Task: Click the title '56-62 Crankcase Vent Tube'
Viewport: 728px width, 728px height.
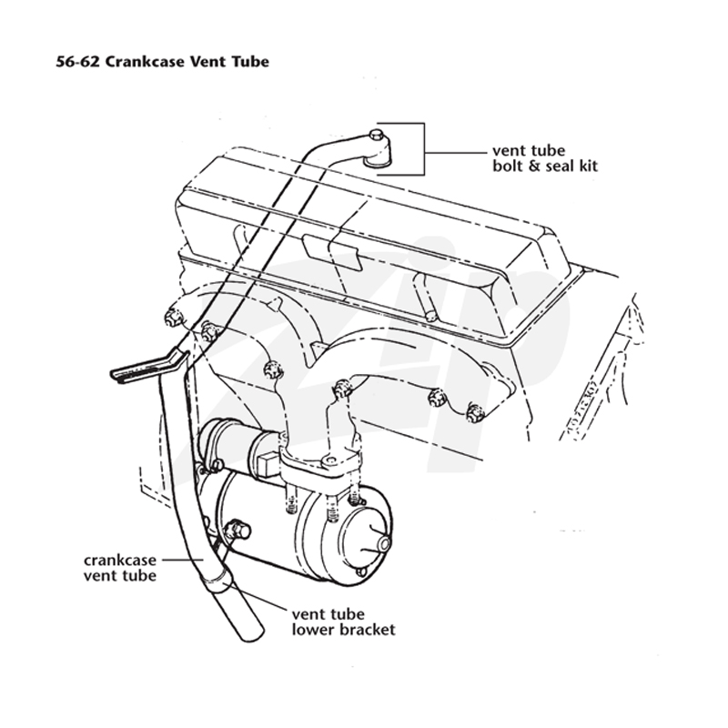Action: tap(163, 62)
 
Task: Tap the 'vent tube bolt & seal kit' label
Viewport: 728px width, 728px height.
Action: tap(545, 158)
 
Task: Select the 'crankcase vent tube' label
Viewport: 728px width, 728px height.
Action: tap(120, 568)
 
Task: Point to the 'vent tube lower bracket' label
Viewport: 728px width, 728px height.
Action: tap(344, 622)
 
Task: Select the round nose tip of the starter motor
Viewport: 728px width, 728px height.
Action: tap(385, 542)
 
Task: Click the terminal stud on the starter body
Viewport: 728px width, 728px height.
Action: tap(237, 531)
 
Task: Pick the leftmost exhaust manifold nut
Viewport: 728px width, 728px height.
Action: tap(172, 317)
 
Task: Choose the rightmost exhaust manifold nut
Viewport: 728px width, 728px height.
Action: tap(474, 412)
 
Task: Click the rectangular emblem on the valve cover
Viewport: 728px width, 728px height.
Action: tap(332, 251)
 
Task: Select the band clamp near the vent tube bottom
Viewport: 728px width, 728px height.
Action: tap(216, 581)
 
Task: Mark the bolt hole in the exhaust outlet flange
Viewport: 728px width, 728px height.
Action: tap(330, 460)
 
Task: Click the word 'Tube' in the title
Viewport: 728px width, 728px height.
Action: tap(251, 62)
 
